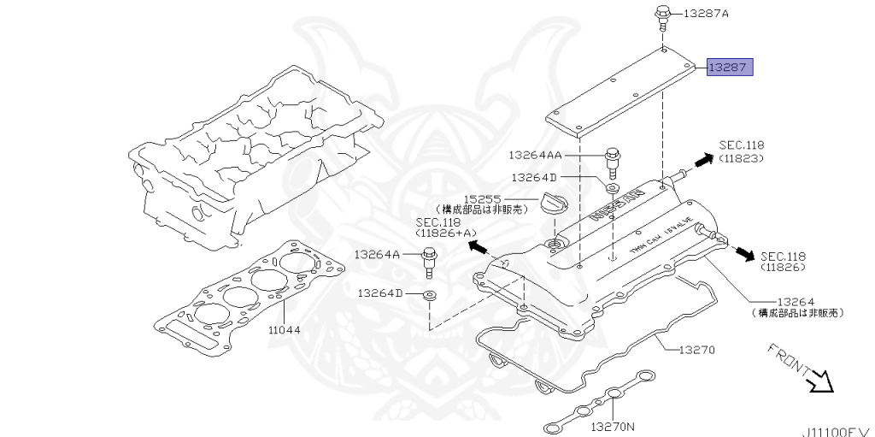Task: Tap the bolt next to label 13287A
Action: tap(663, 15)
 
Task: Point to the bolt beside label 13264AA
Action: tap(611, 160)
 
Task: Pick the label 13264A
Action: tap(378, 254)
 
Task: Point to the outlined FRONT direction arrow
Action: tap(819, 379)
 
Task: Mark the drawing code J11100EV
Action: tap(837, 432)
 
